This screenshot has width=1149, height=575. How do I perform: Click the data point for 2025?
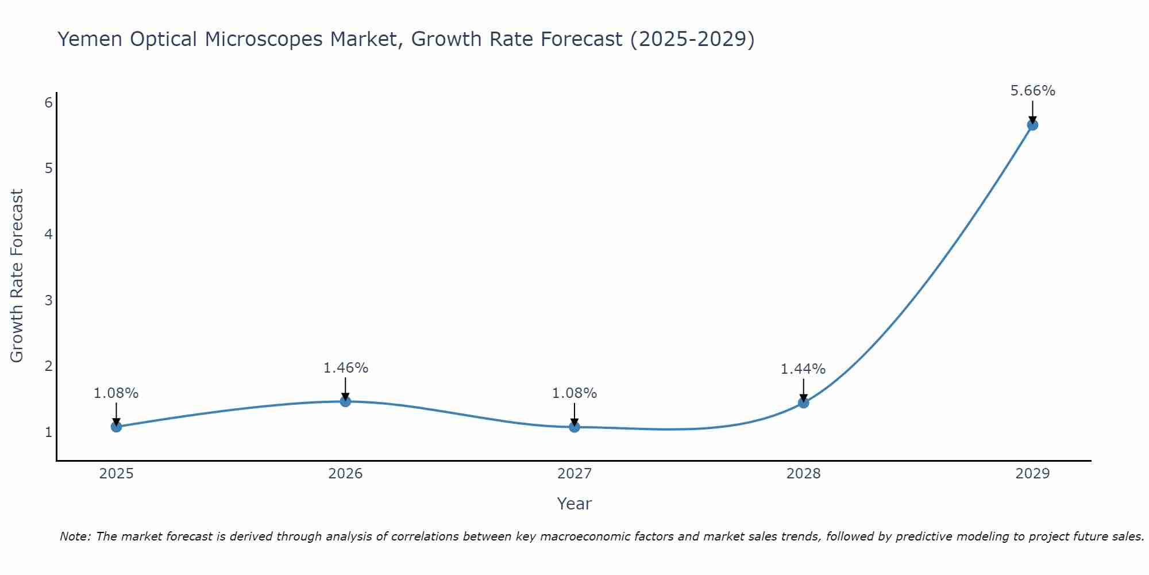[116, 427]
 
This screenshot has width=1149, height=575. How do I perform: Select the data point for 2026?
[345, 401]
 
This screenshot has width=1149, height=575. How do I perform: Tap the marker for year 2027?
[574, 427]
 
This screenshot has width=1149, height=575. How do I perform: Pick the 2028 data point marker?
[803, 402]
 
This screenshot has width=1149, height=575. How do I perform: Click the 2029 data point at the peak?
[1032, 125]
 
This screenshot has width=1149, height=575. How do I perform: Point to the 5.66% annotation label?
[1032, 91]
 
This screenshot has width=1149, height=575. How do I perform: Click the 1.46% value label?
[345, 368]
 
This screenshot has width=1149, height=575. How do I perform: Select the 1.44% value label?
[803, 369]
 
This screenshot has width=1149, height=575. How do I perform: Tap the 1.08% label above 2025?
[116, 393]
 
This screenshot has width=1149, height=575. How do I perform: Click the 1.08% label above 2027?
[574, 393]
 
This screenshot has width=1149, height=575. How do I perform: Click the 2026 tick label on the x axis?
[345, 474]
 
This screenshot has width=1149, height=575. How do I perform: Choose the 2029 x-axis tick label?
[1032, 474]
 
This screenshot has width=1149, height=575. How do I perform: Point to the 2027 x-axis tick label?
[574, 474]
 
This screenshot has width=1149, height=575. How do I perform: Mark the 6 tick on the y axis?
[49, 102]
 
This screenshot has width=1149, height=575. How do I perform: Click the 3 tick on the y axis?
[49, 300]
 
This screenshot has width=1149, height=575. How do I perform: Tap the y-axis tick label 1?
[49, 432]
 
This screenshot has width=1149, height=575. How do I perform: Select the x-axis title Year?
[574, 504]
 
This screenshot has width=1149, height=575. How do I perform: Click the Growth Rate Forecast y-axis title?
[17, 276]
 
